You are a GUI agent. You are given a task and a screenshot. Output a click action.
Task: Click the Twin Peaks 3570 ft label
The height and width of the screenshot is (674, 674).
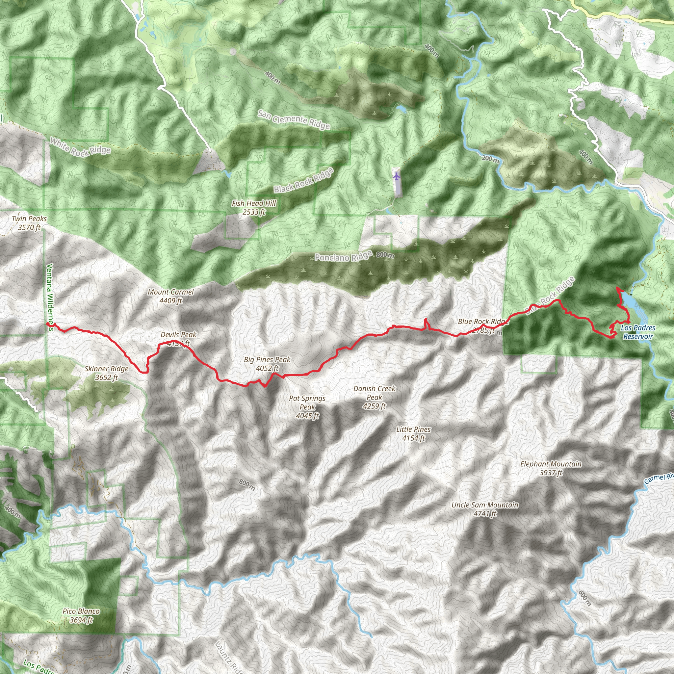pyautogui.click(x=29, y=223)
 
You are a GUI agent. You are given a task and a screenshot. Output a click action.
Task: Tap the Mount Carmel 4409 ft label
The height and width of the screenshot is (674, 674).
pyautogui.click(x=170, y=296)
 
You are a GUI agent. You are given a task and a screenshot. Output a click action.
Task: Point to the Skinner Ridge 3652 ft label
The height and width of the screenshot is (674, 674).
pyautogui.click(x=106, y=373)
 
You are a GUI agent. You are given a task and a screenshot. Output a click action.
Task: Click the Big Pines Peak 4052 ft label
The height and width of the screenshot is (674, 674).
pyautogui.click(x=267, y=364)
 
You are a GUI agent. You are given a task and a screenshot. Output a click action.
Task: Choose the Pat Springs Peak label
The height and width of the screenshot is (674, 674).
pyautogui.click(x=307, y=407)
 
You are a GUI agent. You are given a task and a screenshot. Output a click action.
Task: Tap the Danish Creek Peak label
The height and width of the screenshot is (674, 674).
pyautogui.click(x=374, y=397)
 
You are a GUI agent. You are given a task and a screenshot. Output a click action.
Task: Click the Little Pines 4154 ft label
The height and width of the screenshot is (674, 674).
pyautogui.click(x=413, y=434)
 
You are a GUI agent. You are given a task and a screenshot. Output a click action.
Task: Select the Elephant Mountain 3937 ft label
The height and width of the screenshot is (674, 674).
pyautogui.click(x=551, y=468)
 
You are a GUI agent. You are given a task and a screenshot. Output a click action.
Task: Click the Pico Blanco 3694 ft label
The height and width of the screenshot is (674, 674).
pyautogui.click(x=81, y=615)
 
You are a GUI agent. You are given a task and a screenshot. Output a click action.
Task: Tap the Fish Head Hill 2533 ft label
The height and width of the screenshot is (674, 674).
pyautogui.click(x=254, y=208)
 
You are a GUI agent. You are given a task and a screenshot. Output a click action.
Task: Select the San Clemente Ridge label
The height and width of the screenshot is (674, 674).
pyautogui.click(x=294, y=120)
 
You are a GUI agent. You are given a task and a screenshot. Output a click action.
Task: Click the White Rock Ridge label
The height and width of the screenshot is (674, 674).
pyautogui.click(x=80, y=146)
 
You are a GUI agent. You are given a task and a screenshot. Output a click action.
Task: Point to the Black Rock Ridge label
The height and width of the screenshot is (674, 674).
pyautogui.click(x=303, y=180)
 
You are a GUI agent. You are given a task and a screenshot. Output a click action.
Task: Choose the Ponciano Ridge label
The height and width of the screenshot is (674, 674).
pyautogui.click(x=343, y=257)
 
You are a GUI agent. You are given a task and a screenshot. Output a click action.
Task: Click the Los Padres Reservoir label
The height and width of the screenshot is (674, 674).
pyautogui.click(x=638, y=332)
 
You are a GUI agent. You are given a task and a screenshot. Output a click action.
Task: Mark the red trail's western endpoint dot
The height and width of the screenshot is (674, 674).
pyautogui.click(x=48, y=324)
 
